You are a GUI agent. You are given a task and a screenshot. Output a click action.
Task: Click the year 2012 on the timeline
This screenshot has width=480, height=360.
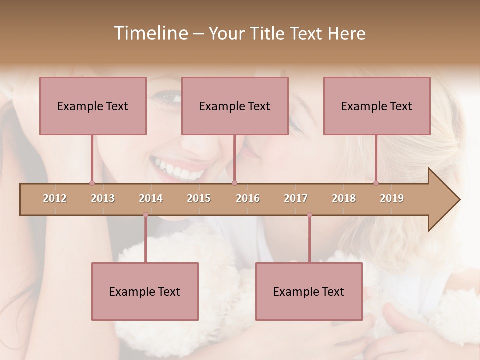(55, 198)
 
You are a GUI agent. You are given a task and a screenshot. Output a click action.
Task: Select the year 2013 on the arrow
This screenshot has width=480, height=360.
(103, 198)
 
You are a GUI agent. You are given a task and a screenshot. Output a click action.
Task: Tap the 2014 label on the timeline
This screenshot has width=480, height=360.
(151, 198)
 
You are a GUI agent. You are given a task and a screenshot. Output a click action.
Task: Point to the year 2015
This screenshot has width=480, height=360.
(199, 198)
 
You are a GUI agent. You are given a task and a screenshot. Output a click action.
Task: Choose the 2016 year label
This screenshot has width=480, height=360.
(248, 198)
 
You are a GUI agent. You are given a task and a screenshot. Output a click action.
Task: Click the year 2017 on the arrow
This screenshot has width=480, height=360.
(296, 198)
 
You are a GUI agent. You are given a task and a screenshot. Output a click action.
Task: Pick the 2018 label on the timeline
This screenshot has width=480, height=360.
(344, 198)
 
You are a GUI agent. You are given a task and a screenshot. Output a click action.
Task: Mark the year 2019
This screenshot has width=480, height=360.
(392, 198)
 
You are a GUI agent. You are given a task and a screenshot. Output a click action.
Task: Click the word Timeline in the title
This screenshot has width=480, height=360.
(149, 33)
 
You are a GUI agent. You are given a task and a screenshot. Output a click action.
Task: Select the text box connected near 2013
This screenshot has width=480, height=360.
(93, 106)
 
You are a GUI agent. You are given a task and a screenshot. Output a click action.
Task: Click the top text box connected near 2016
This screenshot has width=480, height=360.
(235, 106)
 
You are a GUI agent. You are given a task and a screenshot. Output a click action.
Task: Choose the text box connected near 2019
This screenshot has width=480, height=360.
(377, 106)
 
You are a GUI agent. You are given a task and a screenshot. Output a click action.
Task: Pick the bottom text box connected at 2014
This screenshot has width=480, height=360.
(145, 291)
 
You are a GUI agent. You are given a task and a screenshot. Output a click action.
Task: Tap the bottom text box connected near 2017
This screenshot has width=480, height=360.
(309, 291)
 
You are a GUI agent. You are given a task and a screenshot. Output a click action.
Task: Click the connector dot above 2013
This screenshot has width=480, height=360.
(92, 183)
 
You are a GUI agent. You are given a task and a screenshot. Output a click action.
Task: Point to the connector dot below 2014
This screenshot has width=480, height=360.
(145, 214)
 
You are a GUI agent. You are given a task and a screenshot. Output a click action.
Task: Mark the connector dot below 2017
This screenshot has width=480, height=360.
(309, 214)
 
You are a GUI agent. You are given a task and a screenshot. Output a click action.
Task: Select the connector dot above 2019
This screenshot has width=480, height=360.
(376, 183)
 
